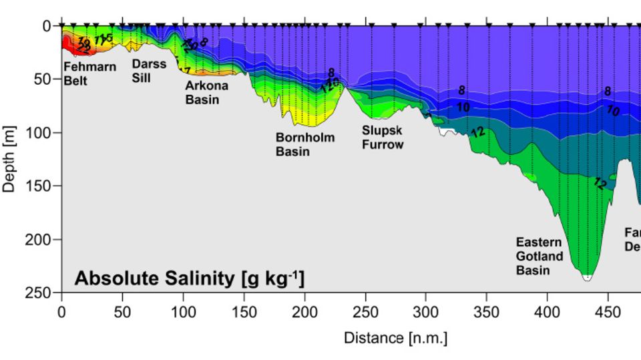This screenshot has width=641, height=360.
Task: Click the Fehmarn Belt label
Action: [89, 73]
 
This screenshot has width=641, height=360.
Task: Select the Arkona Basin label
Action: [206, 92]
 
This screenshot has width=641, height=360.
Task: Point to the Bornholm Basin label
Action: [302, 144]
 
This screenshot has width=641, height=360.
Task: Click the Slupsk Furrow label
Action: [383, 136]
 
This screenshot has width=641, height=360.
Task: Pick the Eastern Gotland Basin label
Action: [540, 256]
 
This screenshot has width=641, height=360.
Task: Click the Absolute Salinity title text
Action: [190, 278]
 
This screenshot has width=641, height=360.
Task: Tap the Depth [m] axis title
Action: [9, 158]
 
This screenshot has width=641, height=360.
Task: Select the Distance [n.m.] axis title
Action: [395, 338]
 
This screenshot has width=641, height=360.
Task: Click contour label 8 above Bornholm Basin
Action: [331, 72]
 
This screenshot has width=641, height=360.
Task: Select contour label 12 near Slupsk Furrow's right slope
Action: [477, 132]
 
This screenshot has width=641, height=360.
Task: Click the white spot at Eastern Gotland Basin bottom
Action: [586, 277]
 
